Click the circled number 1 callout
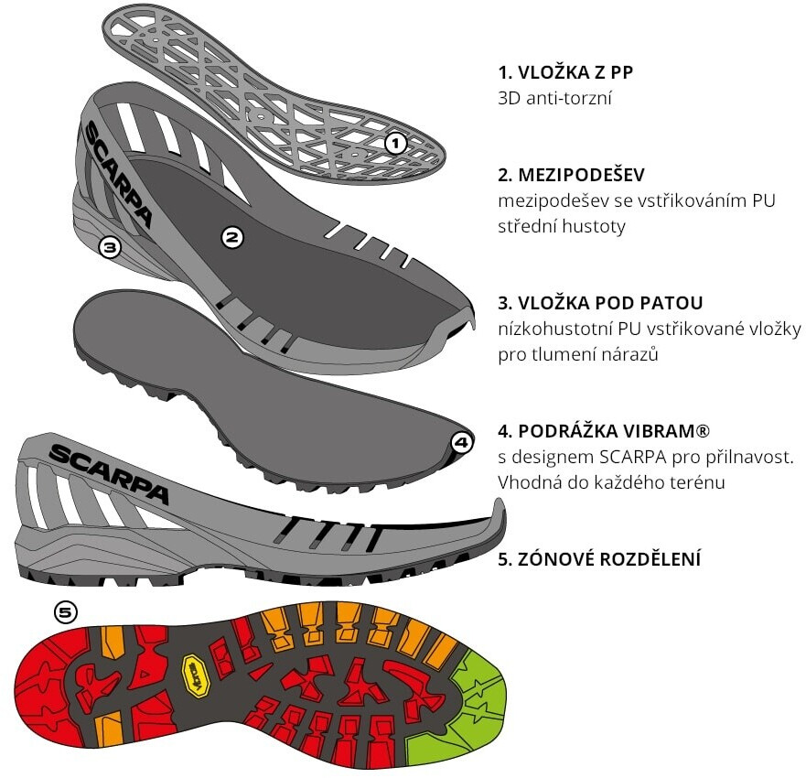pyautogui.click(x=395, y=143)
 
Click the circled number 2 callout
pyautogui.click(x=232, y=237)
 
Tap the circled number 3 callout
pyautogui.click(x=110, y=246)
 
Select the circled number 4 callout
pyautogui.click(x=461, y=443)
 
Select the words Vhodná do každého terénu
pyautogui.click(x=611, y=481)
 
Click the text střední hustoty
pyautogui.click(x=562, y=226)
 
